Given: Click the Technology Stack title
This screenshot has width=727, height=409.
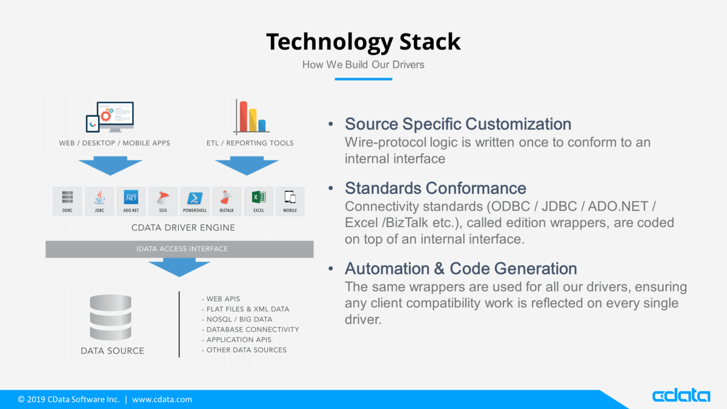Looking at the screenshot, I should coord(363,42).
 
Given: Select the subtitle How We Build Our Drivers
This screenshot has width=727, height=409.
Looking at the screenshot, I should coord(363,64).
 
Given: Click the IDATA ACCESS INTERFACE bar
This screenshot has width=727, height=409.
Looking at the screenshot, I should coord(179,249).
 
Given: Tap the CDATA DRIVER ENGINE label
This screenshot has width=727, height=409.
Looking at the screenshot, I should coord(183,228).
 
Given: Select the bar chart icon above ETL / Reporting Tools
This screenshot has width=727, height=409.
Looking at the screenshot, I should coord(251,118).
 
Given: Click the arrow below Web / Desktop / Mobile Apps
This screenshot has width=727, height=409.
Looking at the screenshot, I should coord(110,166).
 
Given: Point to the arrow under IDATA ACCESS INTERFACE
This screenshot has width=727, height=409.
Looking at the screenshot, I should coord(179,267).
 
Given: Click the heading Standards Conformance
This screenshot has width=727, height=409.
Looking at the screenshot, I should coord(435,188).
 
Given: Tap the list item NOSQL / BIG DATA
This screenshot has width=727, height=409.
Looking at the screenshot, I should coord(239,319).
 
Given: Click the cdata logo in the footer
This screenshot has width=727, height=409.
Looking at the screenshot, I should coord(681,396).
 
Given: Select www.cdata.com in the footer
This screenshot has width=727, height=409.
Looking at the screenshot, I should coord(162,399).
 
